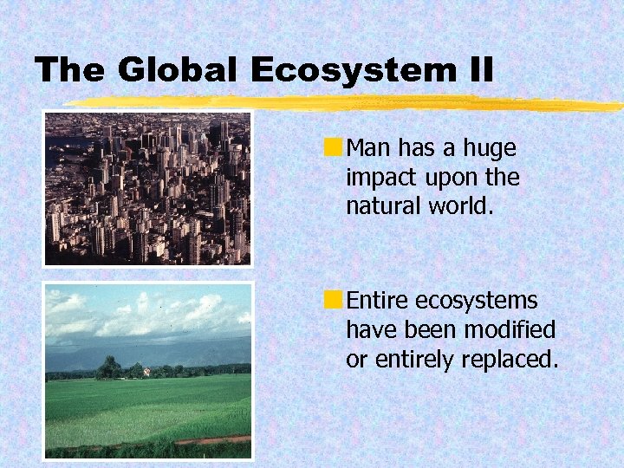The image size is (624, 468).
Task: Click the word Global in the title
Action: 176,70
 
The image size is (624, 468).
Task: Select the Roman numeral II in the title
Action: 478,70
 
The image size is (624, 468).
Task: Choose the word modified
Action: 509,330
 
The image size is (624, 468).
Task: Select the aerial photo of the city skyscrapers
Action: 148,188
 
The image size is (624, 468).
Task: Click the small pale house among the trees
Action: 146,372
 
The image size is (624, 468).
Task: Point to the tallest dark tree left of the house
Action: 109,367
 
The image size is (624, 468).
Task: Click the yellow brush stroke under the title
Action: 347,103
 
